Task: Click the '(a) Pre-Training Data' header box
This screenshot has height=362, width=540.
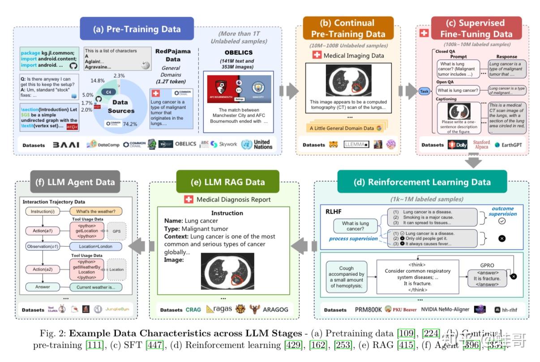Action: pyautogui.click(x=137, y=29)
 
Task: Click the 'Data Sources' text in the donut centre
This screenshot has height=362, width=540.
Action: pyautogui.click(x=121, y=106)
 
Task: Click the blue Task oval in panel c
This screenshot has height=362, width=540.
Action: pyautogui.click(x=424, y=91)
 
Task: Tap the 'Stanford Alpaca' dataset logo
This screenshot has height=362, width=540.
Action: pyautogui.click(x=481, y=144)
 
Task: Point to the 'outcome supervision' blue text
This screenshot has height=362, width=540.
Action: pyautogui.click(x=503, y=211)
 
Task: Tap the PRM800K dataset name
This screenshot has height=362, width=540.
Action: pyautogui.click(x=368, y=310)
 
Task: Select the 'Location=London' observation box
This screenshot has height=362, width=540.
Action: pyautogui.click(x=95, y=246)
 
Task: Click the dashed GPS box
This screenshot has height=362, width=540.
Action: pyautogui.click(x=117, y=231)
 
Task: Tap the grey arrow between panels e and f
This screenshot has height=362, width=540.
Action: pyautogui.click(x=141, y=246)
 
